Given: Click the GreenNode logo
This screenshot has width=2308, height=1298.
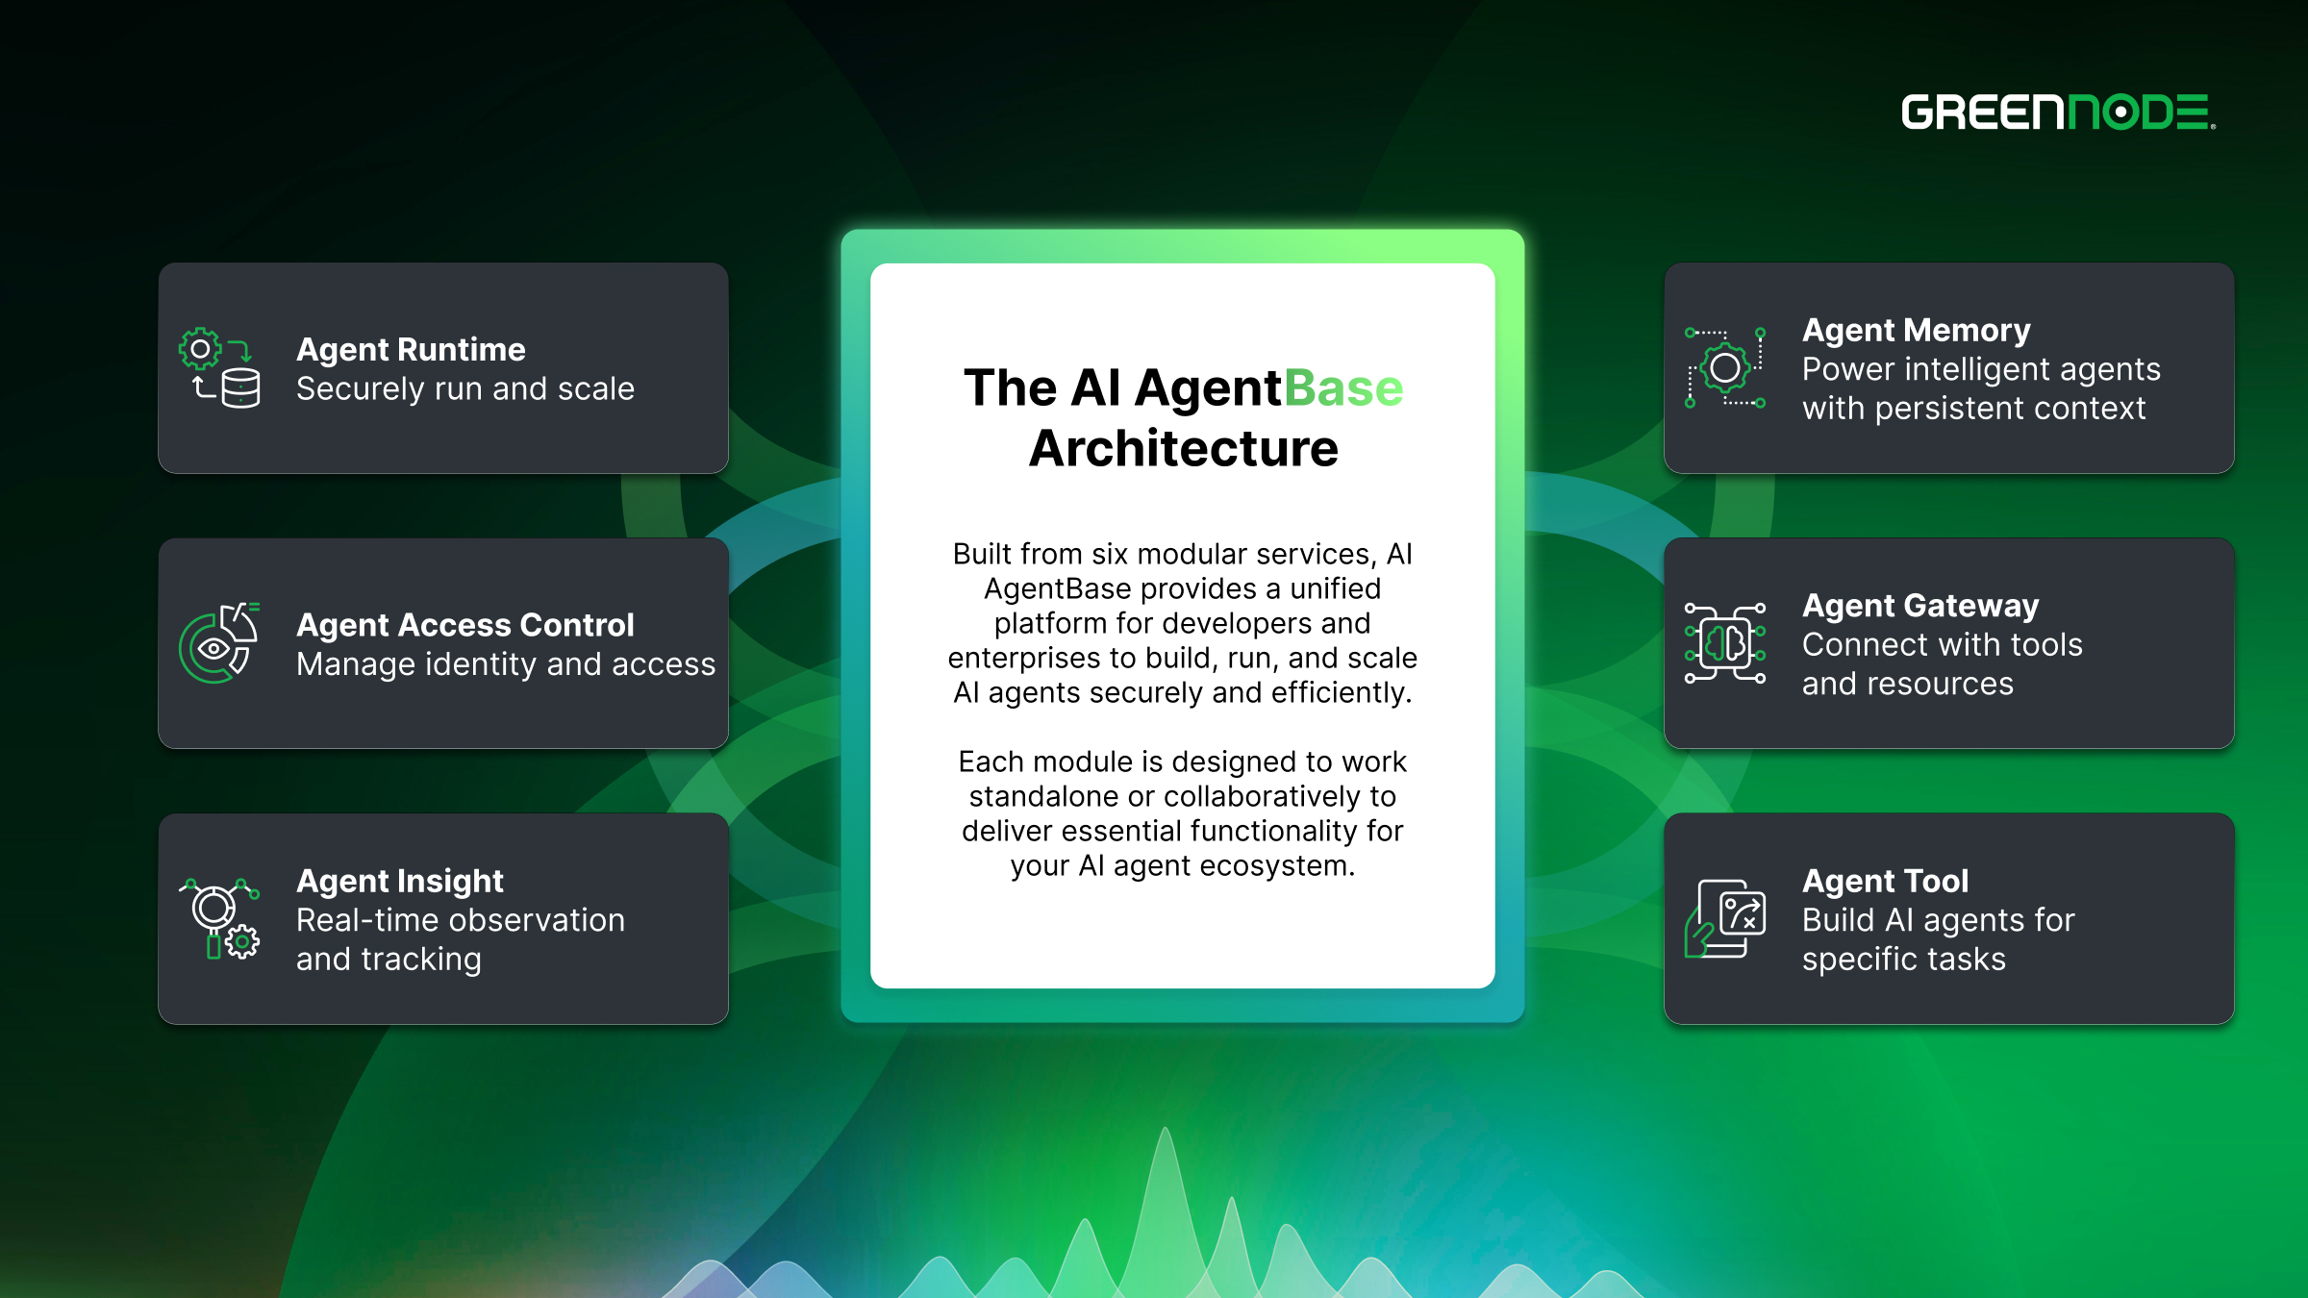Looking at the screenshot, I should [x=2058, y=112].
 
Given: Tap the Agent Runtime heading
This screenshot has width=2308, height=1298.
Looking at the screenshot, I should [x=411, y=349].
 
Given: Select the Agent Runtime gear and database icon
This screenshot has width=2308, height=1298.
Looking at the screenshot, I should [x=219, y=368].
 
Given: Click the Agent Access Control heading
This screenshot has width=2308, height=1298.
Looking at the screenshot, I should [x=465, y=625].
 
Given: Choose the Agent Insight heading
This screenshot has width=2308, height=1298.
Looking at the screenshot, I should [x=400, y=881].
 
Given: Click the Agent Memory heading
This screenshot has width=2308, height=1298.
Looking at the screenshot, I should [x=1916, y=330].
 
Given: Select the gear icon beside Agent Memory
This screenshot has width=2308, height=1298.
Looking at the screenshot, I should [x=1725, y=368].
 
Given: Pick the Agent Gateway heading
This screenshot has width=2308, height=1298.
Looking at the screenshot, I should [x=1919, y=606].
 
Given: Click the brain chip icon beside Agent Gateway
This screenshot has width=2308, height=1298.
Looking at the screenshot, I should [x=1725, y=643].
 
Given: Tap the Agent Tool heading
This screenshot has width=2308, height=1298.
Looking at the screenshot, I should [x=1885, y=881].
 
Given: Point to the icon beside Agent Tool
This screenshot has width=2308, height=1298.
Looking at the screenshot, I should [x=1725, y=918].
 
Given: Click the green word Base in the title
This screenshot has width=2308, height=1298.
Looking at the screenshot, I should [x=1343, y=388].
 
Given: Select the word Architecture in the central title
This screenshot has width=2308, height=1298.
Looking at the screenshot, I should [x=1183, y=449].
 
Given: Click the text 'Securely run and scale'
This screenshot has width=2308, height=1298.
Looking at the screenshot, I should [x=465, y=388].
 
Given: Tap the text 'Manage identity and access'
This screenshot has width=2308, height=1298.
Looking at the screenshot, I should [x=506, y=664].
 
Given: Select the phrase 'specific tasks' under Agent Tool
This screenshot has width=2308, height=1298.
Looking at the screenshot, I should [x=1903, y=959].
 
